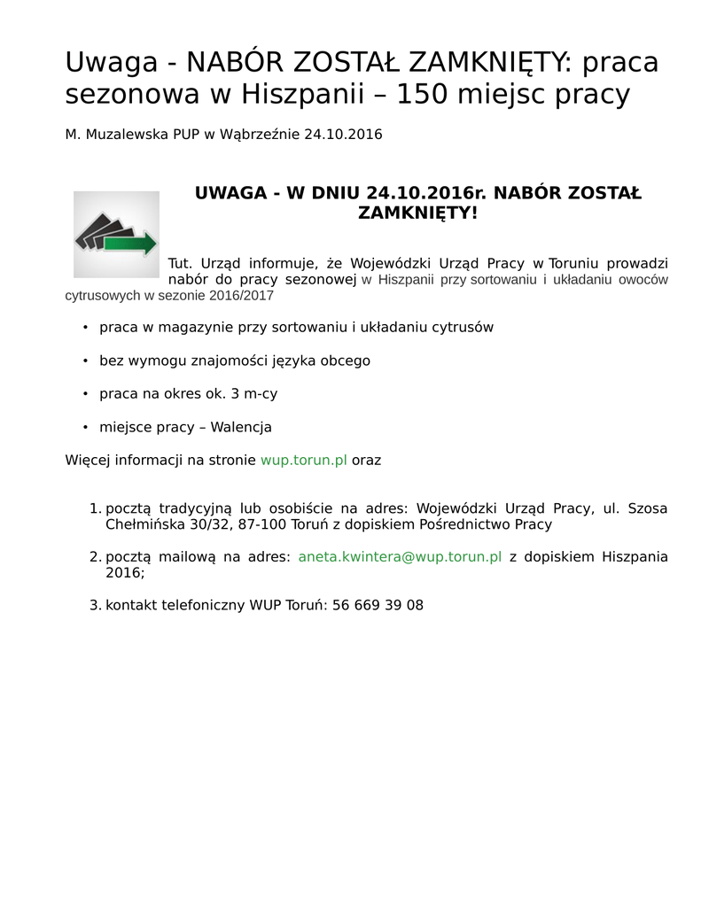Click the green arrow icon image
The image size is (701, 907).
[116, 234]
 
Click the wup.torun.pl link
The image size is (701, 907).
[303, 461]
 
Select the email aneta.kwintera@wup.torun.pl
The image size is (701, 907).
[400, 557]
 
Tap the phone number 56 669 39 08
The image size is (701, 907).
[378, 606]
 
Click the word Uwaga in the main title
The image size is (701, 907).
[113, 63]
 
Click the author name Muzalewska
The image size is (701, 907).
[123, 135]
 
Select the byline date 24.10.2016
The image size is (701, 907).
[343, 135]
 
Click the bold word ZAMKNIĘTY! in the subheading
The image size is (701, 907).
[417, 213]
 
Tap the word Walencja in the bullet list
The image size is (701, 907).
[241, 427]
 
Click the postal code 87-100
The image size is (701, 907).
[257, 524]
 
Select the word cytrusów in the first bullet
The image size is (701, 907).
[462, 327]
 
